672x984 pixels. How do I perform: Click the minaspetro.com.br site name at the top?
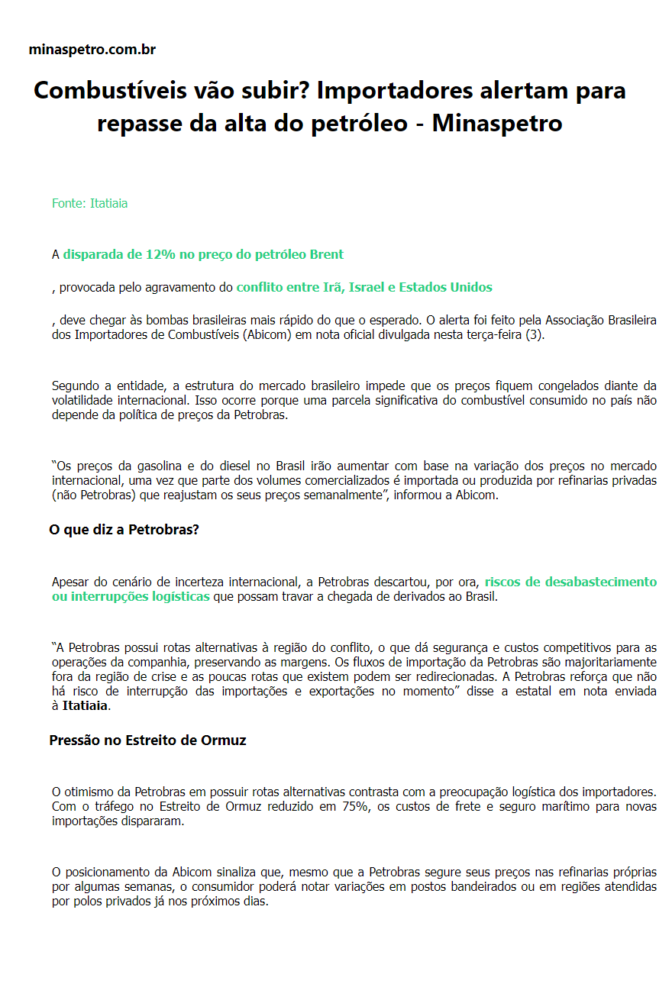click(x=92, y=50)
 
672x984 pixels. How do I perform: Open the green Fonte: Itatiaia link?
click(x=89, y=204)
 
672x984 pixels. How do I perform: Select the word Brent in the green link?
click(x=326, y=255)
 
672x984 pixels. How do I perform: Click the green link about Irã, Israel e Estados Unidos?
click(x=364, y=288)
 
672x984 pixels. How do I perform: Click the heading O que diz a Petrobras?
click(x=124, y=530)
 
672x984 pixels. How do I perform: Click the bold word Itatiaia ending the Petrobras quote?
click(x=85, y=706)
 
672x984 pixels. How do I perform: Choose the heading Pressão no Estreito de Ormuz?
click(x=147, y=740)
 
